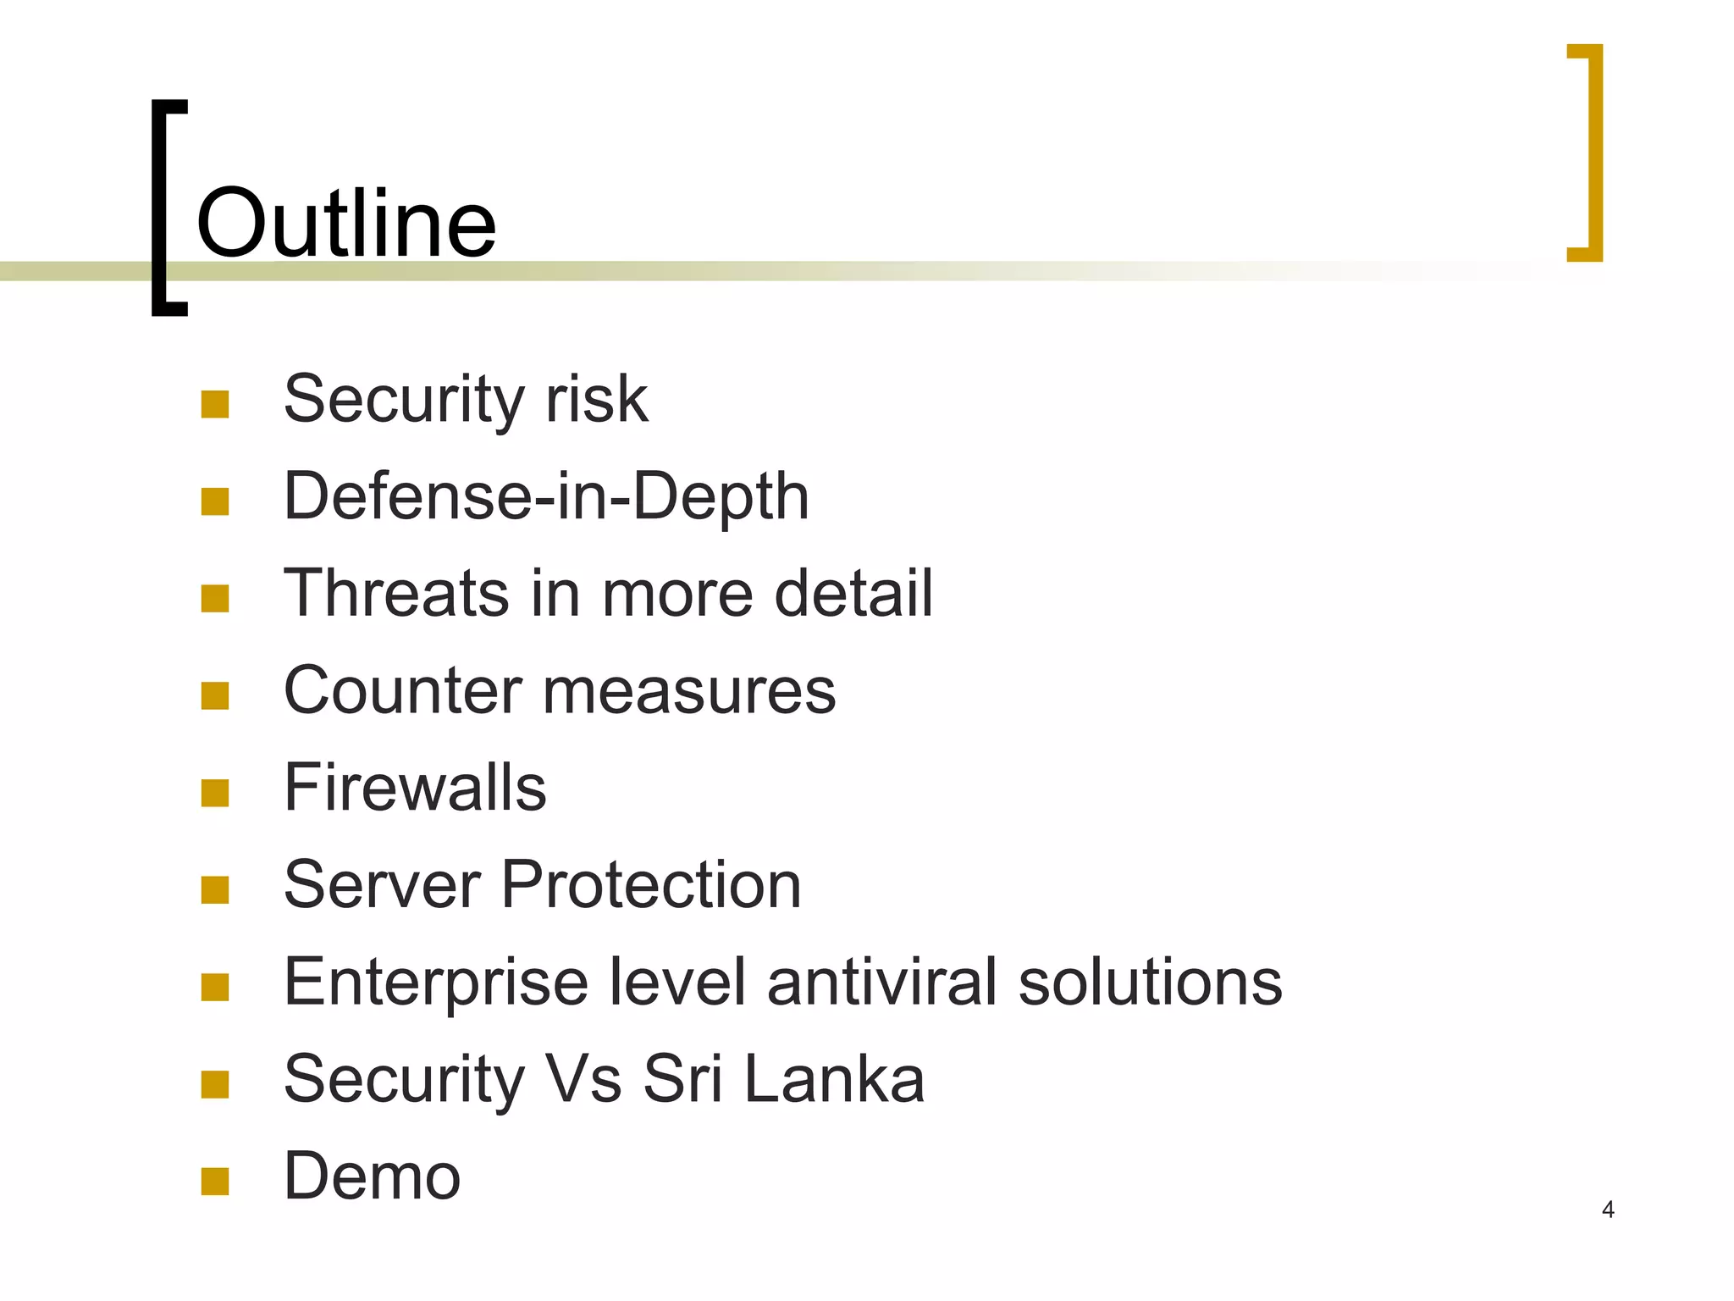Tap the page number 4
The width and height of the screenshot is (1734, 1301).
[1608, 1210]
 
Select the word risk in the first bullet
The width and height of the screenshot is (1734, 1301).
[596, 399]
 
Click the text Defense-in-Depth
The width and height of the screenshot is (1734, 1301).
[546, 496]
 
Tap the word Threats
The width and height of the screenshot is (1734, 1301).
[396, 593]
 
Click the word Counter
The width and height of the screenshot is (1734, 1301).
[402, 690]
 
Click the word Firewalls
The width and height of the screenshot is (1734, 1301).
[415, 788]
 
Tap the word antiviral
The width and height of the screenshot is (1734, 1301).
[881, 982]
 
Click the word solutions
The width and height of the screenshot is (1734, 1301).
[1150, 982]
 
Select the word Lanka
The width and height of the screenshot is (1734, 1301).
[835, 1079]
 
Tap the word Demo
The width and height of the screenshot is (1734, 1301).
[372, 1176]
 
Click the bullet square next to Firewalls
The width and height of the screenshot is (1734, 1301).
[215, 793]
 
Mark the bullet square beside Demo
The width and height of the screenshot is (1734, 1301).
[215, 1182]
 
